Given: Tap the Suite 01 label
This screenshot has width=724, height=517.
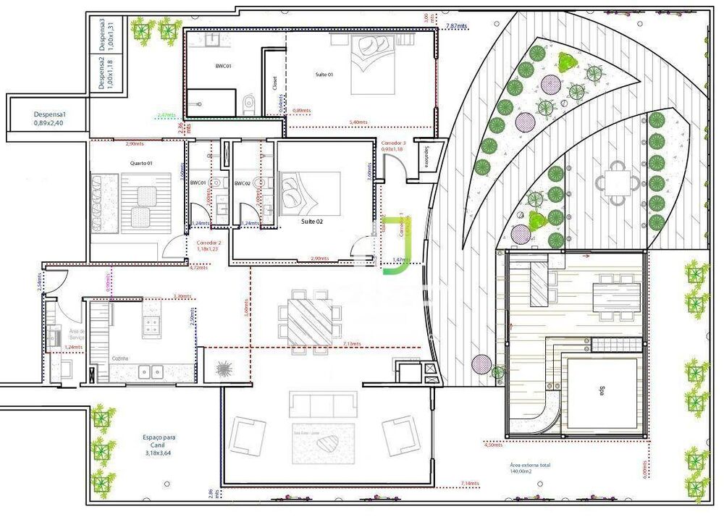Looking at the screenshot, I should click(324, 75).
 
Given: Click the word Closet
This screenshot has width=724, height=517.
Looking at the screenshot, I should click(275, 83).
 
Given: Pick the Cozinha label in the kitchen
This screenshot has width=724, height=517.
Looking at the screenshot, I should click(119, 358).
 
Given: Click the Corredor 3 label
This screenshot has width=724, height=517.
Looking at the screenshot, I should click(393, 143).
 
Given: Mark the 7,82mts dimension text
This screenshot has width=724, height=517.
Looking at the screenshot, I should click(457, 26).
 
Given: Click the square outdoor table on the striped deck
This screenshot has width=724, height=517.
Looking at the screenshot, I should click(617, 178).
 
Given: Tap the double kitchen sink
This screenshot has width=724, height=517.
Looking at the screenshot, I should click(152, 372).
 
